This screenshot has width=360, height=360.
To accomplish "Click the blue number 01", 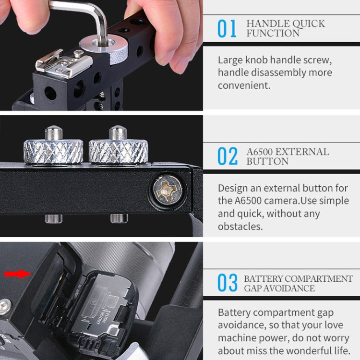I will point(227,29).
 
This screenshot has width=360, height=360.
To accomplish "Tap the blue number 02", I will point(228,156).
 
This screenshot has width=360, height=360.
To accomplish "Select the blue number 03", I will point(227,283).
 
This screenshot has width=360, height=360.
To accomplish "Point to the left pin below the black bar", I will point(53,218).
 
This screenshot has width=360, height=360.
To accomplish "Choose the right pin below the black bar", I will point(119,218).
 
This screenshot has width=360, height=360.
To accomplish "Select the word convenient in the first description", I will point(244,85).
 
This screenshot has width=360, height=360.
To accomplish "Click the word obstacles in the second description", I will point(240,226).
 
